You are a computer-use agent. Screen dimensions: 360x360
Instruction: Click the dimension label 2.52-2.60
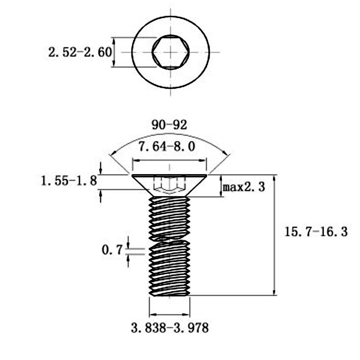80,52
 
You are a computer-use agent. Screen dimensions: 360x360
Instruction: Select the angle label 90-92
170,125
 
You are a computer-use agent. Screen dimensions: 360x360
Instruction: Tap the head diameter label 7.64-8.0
167,147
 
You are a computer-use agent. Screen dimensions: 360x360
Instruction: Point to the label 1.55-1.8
69,181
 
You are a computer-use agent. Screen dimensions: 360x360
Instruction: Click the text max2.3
244,187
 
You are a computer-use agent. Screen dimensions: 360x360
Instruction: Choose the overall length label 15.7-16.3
316,231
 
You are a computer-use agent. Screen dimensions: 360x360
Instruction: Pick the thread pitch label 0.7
112,250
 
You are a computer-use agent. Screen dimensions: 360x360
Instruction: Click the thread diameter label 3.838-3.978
170,328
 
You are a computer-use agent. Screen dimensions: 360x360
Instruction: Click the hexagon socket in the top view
171,52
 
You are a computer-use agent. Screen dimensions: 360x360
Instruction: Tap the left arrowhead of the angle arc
112,153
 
